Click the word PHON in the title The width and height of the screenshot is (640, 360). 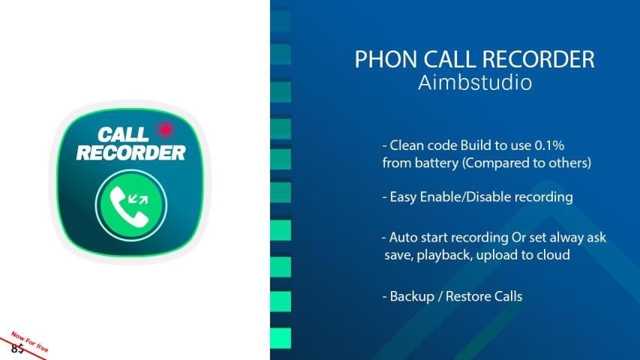coord(386,59)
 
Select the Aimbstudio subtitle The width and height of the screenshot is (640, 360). coord(475,82)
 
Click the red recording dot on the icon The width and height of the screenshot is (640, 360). coord(165,130)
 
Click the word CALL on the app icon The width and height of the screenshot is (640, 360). coord(122,135)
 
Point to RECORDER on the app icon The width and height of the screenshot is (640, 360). coord(131,153)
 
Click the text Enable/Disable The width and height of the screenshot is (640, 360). coord(465,197)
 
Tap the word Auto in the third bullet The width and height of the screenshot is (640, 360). coord(403,237)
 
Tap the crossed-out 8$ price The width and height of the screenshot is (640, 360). coord(17,349)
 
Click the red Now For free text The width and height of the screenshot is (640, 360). coord(30,342)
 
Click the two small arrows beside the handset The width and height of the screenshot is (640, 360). coord(138,199)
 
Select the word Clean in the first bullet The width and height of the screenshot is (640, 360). coord(404,145)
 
